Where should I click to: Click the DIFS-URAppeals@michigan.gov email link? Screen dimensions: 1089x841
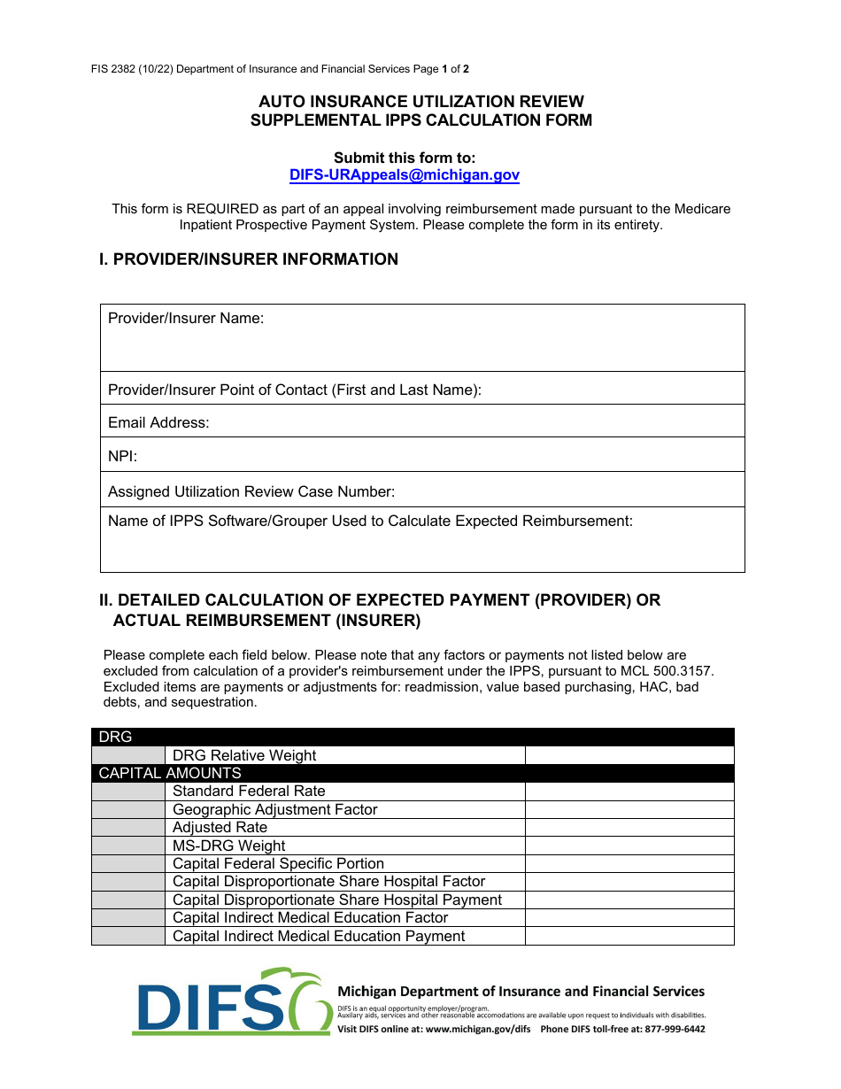(404, 175)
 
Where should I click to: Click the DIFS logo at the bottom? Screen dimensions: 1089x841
(232, 1001)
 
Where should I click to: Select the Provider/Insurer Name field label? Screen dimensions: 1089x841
(186, 319)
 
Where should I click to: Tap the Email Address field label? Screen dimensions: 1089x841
(158, 423)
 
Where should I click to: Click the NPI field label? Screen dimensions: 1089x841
(122, 457)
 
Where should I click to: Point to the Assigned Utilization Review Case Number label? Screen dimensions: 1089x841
(251, 492)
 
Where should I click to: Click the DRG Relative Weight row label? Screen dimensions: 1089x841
(244, 756)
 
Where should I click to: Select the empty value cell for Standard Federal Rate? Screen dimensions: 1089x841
(629, 792)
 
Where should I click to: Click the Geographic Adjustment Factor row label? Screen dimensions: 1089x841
(274, 810)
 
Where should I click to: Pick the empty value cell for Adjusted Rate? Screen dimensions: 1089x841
(629, 828)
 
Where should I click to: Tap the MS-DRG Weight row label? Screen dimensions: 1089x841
(228, 846)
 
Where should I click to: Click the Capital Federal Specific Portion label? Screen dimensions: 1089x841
(278, 864)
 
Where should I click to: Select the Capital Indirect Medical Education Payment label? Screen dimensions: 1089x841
(318, 937)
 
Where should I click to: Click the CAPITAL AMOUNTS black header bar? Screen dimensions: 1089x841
(413, 774)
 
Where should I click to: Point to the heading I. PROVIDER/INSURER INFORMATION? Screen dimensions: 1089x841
(249, 259)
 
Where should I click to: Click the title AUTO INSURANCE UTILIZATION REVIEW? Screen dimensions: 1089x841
(420, 102)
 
